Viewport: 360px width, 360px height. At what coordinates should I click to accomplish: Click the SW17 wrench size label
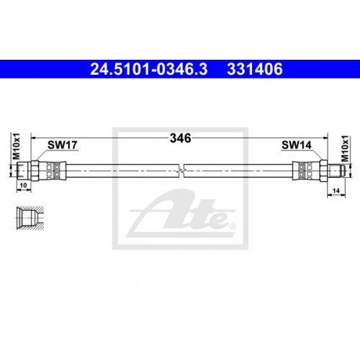pyautogui.click(x=62, y=144)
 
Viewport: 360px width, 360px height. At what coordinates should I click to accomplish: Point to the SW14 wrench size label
pyautogui.click(x=295, y=144)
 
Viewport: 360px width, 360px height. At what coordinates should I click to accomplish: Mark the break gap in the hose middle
pyautogui.click(x=184, y=171)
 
